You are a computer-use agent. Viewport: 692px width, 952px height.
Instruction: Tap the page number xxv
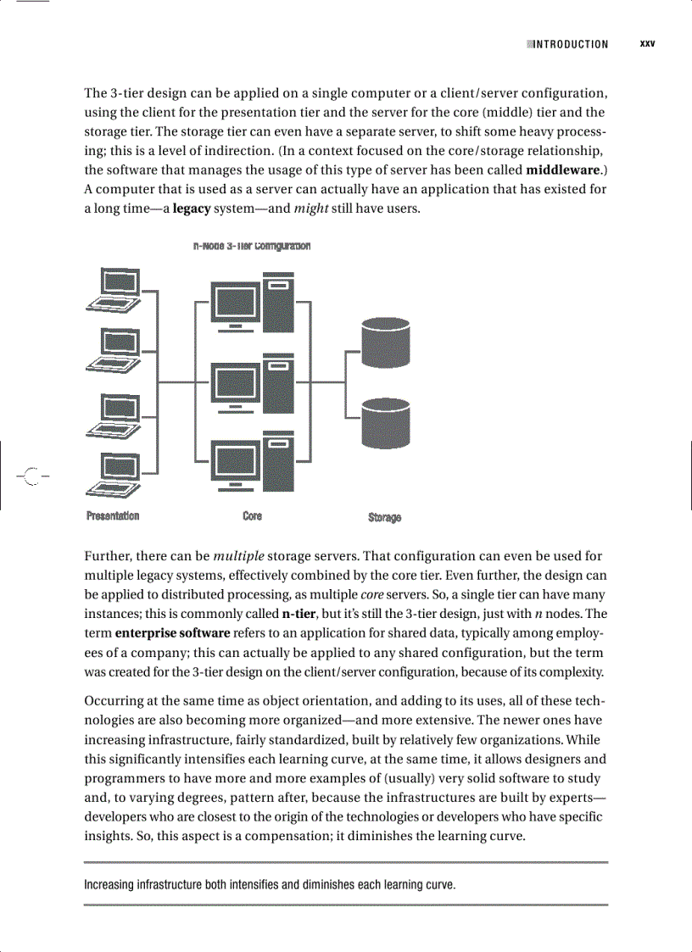(x=647, y=43)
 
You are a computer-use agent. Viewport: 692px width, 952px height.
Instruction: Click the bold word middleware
(x=562, y=170)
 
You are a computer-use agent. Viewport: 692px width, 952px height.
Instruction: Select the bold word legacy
(x=191, y=209)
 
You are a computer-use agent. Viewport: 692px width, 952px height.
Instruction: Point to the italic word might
(x=311, y=209)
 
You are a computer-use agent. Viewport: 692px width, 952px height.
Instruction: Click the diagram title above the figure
(x=252, y=246)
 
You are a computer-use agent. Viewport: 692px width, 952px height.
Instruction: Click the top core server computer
(x=253, y=305)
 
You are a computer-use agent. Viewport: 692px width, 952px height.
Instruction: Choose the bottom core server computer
(x=253, y=461)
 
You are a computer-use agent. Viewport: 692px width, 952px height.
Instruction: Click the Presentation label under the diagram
(x=113, y=515)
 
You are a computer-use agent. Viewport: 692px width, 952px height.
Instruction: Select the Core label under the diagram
(x=252, y=515)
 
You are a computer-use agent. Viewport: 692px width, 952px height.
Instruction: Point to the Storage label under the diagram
(x=384, y=517)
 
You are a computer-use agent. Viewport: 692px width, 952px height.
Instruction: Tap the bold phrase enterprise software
(x=172, y=632)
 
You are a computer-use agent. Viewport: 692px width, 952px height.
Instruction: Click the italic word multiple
(x=238, y=556)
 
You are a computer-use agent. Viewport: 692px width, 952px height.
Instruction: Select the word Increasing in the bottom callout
(x=114, y=885)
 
